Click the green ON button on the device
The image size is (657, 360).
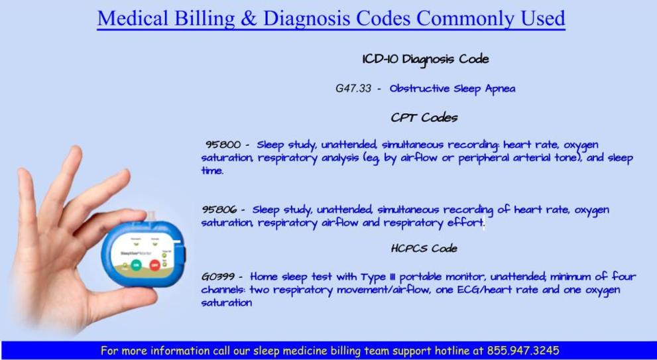pos(136,265)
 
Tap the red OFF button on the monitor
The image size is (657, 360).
pos(155,265)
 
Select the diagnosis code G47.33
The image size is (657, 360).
pos(353,89)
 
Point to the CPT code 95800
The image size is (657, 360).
pos(223,145)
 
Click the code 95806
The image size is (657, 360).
pos(219,209)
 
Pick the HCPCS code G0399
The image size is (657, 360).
pos(217,277)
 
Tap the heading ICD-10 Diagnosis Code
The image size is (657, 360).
pos(425,59)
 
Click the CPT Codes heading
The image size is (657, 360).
pos(424,117)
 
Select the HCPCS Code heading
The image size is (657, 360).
pos(424,249)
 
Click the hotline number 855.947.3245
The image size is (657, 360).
pos(522,350)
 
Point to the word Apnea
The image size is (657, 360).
pos(501,90)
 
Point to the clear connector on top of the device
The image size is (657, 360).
pos(152,217)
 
